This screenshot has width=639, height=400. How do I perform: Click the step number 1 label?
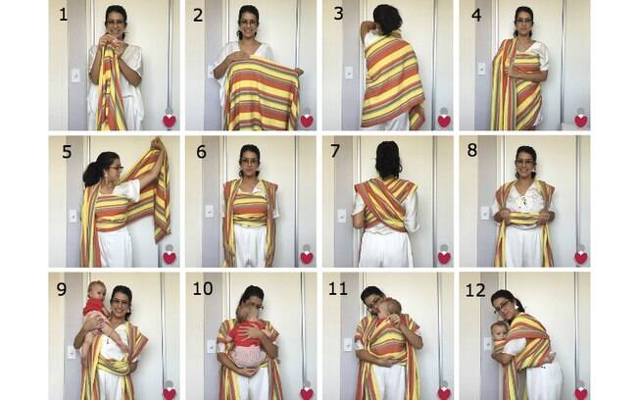click(63, 17)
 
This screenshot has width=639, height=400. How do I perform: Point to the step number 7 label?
click(337, 152)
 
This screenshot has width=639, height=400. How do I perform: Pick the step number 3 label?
click(337, 17)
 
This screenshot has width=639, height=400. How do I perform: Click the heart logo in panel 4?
click(581, 121)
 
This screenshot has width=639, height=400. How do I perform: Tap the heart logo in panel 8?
click(581, 257)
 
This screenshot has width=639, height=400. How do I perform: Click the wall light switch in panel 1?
click(74, 75)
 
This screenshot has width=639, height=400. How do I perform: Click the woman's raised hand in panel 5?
click(157, 147)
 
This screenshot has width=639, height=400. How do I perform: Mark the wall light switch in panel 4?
click(480, 70)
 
